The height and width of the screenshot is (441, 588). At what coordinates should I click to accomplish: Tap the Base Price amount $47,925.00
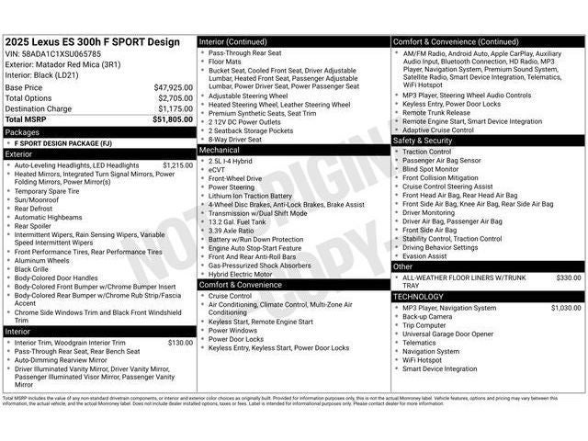tap(173, 87)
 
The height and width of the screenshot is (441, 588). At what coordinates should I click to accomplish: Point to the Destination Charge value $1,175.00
tap(174, 108)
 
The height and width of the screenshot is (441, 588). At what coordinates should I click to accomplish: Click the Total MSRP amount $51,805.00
tap(173, 119)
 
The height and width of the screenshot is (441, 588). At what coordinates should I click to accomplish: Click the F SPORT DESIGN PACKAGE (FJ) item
tap(63, 143)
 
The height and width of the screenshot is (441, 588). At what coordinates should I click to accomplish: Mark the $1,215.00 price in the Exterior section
tap(177, 165)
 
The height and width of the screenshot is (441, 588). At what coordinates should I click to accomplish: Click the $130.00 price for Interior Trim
tap(180, 343)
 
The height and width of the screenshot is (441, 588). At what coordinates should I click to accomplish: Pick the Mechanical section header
tap(220, 150)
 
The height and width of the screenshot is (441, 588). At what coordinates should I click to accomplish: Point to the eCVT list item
tap(217, 170)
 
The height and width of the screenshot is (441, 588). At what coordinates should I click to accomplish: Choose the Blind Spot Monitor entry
tap(431, 169)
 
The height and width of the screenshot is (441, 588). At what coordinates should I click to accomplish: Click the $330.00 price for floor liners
tap(568, 277)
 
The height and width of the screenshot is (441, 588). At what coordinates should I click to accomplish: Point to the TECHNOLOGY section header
tap(418, 297)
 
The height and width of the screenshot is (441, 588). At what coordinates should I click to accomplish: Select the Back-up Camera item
tap(427, 316)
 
